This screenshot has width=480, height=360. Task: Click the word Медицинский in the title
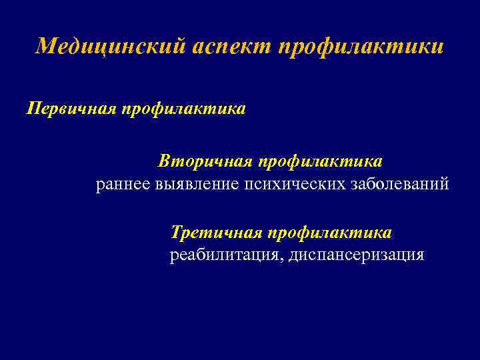111,47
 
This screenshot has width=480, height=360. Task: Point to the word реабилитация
227,255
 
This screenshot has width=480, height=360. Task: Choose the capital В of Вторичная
165,161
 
